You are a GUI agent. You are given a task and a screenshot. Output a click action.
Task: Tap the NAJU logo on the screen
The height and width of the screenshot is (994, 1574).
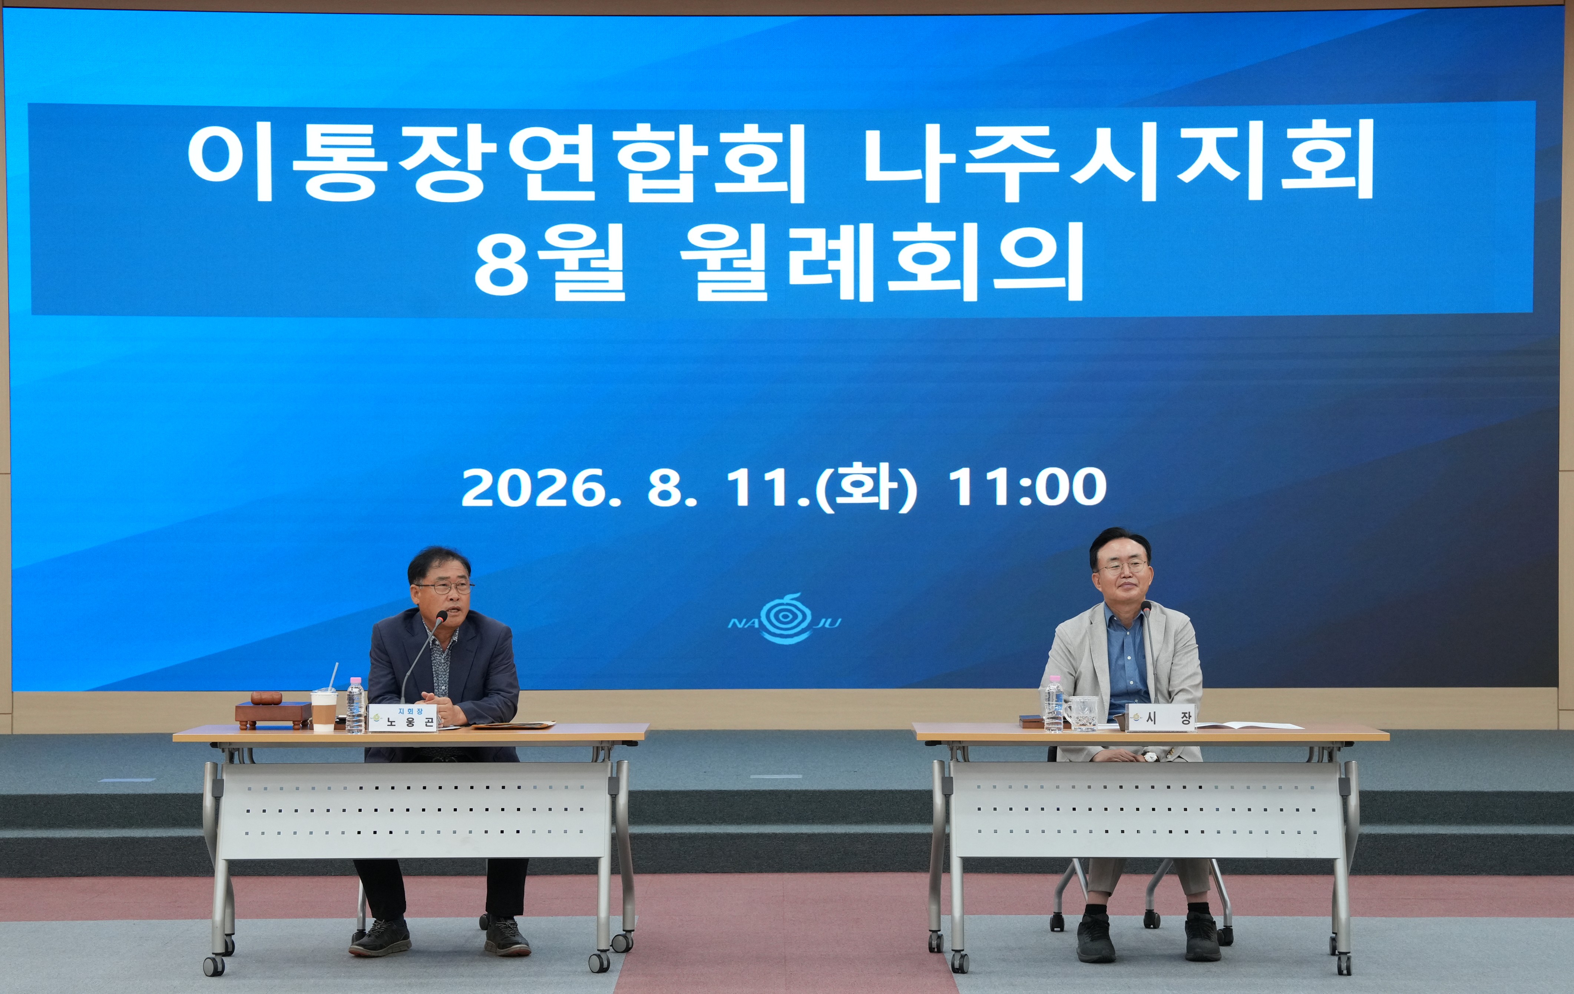click(784, 618)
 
